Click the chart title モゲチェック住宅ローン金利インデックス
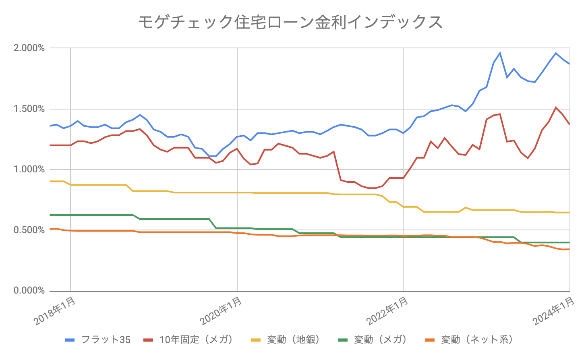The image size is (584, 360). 290,22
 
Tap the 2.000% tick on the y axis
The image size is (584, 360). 29,48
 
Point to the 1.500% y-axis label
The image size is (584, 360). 29,109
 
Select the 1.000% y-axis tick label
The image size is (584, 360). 29,170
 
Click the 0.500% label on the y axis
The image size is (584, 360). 29,230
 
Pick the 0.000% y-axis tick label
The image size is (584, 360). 29,291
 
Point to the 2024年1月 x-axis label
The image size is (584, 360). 554,311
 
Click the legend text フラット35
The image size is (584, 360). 106,340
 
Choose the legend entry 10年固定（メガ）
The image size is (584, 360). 197,340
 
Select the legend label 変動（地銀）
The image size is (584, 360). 294,340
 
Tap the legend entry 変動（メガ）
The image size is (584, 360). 381,340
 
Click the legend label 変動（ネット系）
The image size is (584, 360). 477,340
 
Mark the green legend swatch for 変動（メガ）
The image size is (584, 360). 343,340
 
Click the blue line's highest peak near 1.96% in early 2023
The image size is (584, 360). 500,53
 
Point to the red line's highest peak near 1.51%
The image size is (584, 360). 556,108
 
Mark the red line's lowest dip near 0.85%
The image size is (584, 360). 371,188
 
